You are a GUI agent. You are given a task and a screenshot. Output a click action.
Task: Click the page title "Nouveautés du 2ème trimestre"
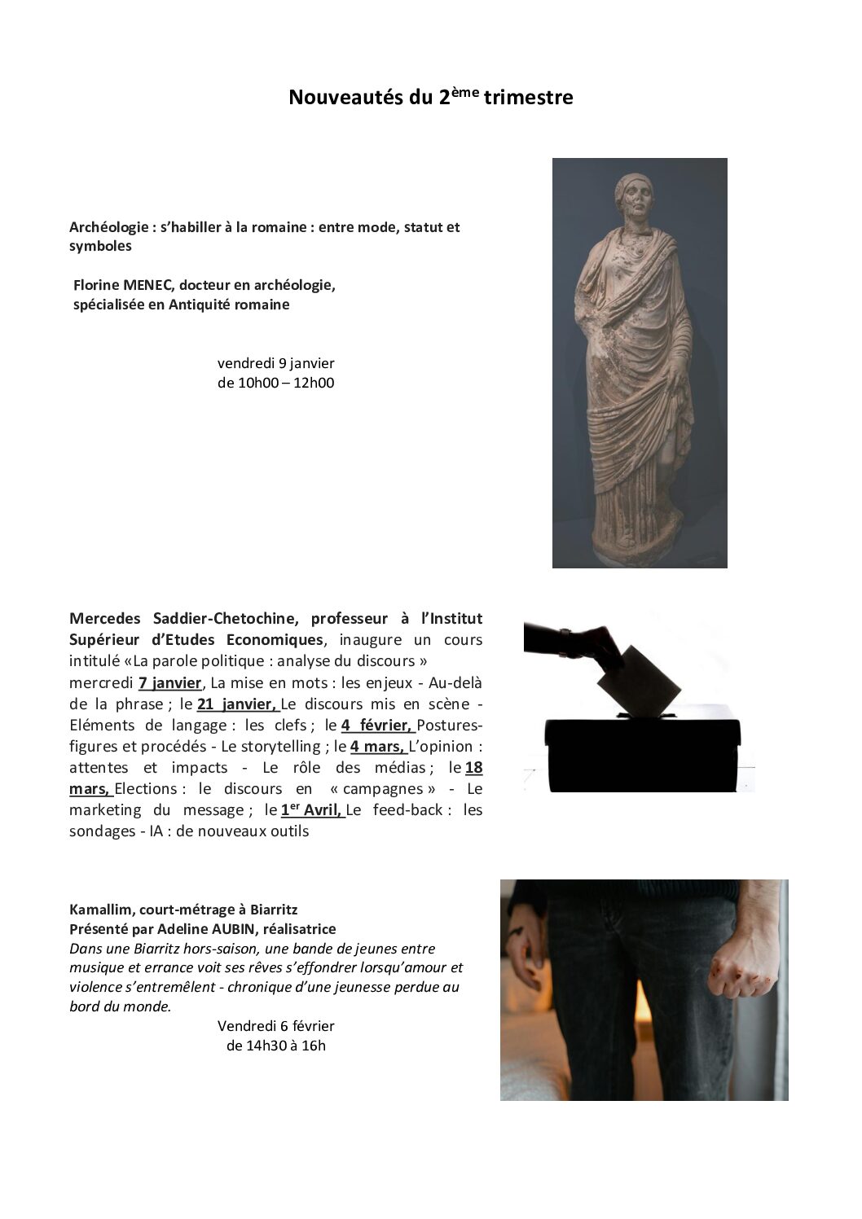(x=430, y=98)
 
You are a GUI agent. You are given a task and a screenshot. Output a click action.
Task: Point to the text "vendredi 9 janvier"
(x=275, y=363)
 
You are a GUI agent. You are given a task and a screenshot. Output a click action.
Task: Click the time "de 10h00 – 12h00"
(x=275, y=383)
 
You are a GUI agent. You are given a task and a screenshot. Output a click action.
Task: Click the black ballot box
(x=643, y=753)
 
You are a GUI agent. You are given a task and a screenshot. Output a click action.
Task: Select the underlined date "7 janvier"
(x=169, y=682)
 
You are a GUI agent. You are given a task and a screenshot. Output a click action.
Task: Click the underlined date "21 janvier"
(x=236, y=704)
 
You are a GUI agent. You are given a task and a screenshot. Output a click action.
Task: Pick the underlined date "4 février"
(x=376, y=725)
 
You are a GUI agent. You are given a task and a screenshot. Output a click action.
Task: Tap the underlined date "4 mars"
(x=377, y=746)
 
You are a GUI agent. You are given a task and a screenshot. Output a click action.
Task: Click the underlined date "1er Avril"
(x=311, y=809)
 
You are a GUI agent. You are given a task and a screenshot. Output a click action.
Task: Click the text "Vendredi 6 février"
(x=275, y=1026)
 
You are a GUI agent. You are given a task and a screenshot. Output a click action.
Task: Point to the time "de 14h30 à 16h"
(x=275, y=1046)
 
